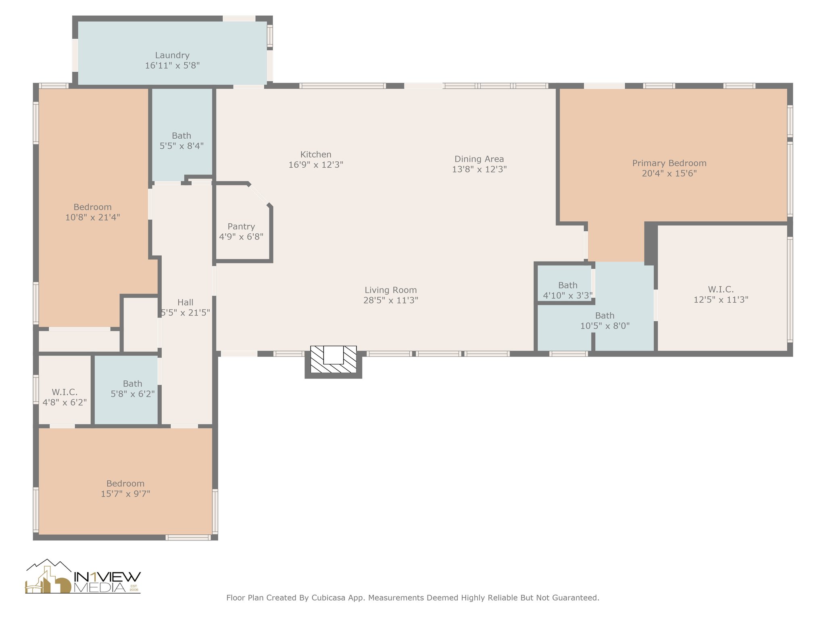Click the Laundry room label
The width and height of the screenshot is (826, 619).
tap(172, 55)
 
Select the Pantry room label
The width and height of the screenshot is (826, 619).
tap(241, 226)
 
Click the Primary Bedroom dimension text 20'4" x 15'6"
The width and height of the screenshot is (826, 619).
tap(670, 173)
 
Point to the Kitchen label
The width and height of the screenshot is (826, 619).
tap(316, 154)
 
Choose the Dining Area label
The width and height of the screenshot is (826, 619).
tap(479, 159)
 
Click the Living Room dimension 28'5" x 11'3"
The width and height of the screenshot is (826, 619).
tap(390, 300)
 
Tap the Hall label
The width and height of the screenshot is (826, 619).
tap(185, 302)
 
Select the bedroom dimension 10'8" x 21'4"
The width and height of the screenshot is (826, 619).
tap(93, 217)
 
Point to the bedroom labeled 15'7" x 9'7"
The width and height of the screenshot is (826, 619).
tap(125, 484)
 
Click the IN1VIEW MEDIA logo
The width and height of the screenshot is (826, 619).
tap(83, 577)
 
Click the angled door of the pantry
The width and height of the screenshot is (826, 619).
tap(259, 195)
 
